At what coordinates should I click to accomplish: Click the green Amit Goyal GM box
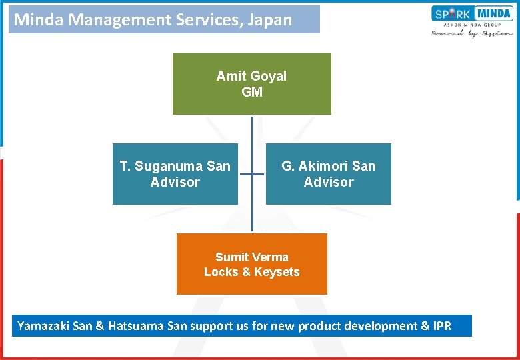coord(252,84)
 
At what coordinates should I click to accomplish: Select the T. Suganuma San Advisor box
coord(175,174)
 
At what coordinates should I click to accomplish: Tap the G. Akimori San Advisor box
coord(329,174)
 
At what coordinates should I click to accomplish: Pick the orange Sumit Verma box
coord(252,264)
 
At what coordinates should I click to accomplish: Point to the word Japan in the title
coord(269,19)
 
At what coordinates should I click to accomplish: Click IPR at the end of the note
coord(442,326)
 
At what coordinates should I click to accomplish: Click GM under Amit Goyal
coord(252,92)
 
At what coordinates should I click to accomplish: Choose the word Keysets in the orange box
coord(277,272)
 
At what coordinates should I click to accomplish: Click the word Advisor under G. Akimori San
coord(329,182)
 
